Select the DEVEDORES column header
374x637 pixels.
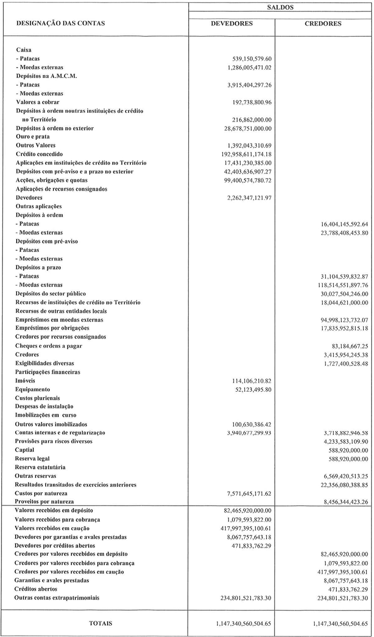tap(232, 24)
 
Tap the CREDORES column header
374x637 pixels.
tap(323, 24)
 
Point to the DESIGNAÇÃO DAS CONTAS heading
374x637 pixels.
tap(61, 24)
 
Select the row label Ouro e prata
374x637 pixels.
tap(32, 137)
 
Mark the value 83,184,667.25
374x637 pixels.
tap(345, 346)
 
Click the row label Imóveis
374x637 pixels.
tap(25, 381)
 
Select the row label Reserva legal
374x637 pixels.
tap(33, 459)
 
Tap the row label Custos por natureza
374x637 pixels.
tap(41, 493)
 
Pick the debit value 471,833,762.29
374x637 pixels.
tap(250, 545)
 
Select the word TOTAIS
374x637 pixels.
tap(100, 624)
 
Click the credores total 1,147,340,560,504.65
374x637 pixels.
tap(340, 624)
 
